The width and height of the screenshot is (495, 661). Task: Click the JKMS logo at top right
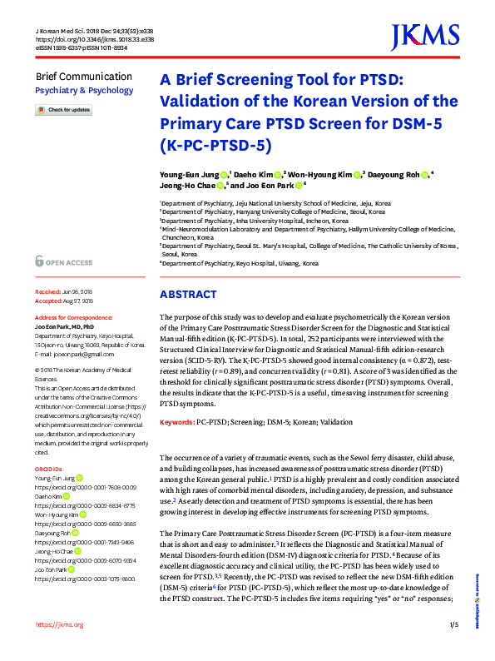(424, 36)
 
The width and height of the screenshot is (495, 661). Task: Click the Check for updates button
(63, 110)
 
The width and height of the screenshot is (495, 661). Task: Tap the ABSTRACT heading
(188, 295)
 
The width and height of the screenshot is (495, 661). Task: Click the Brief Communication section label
(83, 77)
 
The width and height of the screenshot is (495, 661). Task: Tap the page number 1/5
(453, 647)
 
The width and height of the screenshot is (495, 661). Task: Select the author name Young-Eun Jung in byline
(190, 174)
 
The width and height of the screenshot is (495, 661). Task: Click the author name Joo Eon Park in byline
(272, 187)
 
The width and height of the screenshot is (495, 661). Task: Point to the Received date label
(48, 293)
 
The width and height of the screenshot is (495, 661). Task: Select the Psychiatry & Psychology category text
(84, 90)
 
